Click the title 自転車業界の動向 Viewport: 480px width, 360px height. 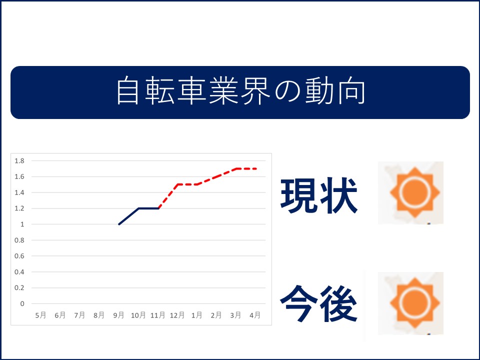[x=240, y=91]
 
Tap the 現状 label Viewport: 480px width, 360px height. [x=318, y=195]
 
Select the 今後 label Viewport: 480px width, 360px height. [x=318, y=303]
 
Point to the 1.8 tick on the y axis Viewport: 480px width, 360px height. [x=19, y=160]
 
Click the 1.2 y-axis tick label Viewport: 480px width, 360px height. [x=19, y=208]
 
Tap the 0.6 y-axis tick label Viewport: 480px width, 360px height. [x=19, y=256]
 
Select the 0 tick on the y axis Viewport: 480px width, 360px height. [x=22, y=303]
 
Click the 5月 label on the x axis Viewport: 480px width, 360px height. [x=40, y=315]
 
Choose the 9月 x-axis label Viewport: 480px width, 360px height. [x=119, y=315]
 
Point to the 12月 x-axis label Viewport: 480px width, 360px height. [x=177, y=315]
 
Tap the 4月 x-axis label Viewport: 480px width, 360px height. [x=255, y=315]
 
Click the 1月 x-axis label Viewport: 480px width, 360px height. [x=197, y=315]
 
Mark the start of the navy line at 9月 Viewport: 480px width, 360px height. [x=119, y=224]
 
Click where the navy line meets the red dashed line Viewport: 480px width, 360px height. [x=158, y=208]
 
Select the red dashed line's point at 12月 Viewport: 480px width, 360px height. [x=177, y=184]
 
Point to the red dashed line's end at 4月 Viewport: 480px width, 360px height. [x=255, y=168]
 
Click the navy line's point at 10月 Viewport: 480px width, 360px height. [x=138, y=208]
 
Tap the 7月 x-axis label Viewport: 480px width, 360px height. [x=79, y=315]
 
